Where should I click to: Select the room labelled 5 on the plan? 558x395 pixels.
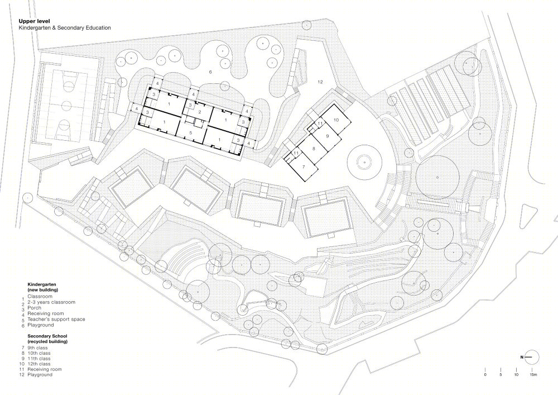191,133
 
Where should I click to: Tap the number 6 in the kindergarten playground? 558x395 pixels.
210,72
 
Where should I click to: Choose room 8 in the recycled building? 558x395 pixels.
314,149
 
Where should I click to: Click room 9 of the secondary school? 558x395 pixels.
327,136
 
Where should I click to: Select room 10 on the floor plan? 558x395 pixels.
336,120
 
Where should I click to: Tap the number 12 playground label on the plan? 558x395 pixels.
320,82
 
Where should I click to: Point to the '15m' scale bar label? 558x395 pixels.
533,374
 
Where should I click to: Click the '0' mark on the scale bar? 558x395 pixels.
485,374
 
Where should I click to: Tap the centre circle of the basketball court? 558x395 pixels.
66,106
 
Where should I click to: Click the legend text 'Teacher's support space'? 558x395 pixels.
56,319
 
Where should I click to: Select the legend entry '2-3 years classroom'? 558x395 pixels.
51,302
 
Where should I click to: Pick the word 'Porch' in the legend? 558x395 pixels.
34,308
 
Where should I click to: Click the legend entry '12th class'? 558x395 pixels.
39,364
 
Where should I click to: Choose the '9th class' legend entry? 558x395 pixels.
37,348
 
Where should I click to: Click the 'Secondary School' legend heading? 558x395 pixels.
47,336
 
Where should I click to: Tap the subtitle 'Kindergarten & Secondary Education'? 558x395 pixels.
65,28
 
